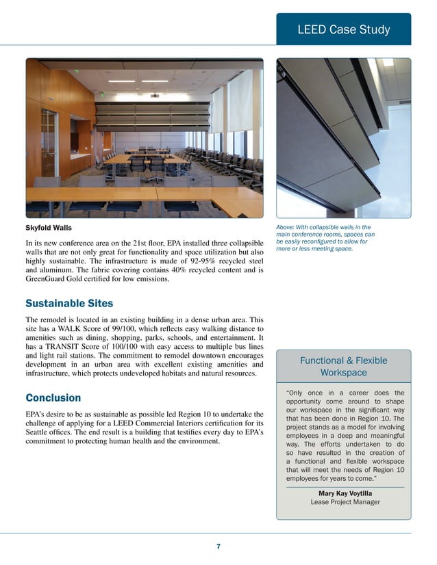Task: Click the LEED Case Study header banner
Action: (343, 29)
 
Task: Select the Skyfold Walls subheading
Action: (48, 228)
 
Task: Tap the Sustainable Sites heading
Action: (69, 303)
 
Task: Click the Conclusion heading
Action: (53, 397)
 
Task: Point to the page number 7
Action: (218, 546)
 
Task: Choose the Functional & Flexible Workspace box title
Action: (343, 367)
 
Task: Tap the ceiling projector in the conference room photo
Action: (155, 95)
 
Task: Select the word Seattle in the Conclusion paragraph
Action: (40, 432)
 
